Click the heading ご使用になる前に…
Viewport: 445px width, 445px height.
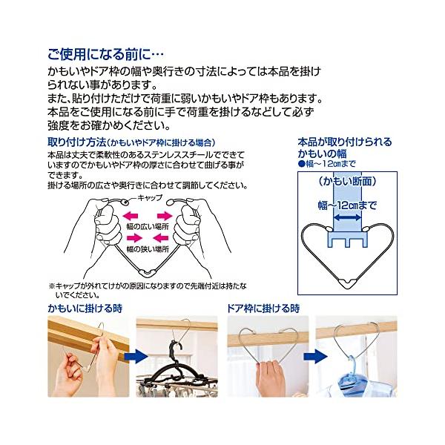point(106,54)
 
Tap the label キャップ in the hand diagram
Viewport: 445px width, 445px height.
point(150,198)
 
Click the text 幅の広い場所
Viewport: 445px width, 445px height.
point(148,226)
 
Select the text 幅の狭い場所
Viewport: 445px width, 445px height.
point(148,249)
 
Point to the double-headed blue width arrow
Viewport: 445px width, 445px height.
point(347,217)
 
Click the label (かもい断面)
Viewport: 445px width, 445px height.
point(347,182)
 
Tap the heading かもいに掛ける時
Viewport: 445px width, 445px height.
point(85,309)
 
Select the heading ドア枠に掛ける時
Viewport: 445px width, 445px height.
point(263,309)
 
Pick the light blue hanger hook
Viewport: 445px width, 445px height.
point(352,366)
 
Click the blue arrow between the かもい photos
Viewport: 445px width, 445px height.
point(136,357)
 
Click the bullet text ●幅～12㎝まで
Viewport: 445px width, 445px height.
point(326,164)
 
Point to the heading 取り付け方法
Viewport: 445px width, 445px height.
point(77,142)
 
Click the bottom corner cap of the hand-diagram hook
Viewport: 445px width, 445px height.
point(148,273)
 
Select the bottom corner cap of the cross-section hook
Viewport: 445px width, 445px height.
point(347,283)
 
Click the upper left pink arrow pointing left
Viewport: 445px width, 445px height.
point(131,216)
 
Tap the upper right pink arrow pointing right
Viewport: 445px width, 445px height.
point(165,216)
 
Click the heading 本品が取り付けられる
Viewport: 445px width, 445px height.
point(345,142)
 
